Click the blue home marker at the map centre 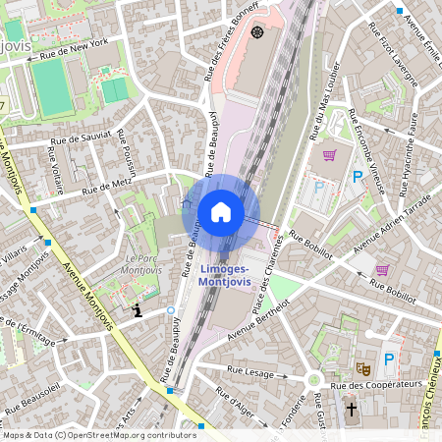pos(221,212)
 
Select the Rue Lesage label pos(249,371)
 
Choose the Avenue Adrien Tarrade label pos(392,229)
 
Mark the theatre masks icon pos(362,368)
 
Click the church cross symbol pos(352,407)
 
